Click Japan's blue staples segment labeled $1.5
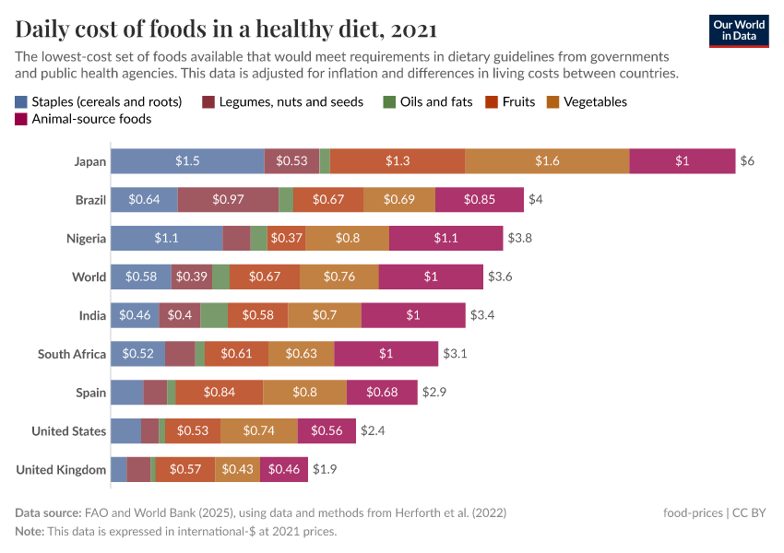187,161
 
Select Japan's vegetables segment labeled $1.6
547,161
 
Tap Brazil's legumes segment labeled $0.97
228,199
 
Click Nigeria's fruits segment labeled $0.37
287,238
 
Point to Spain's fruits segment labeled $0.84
219,393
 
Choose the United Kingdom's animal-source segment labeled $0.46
283,469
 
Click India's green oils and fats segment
214,315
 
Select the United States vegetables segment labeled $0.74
258,430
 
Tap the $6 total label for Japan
747,161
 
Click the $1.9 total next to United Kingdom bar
325,469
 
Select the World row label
89,276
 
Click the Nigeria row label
86,238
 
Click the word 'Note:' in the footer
30,531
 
